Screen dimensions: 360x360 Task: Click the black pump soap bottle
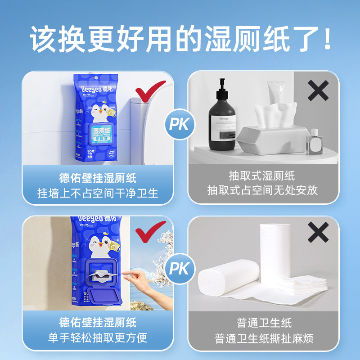coord(221,119)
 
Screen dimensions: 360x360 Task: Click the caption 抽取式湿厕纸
coord(262,176)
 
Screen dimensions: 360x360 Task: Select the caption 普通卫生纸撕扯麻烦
coord(262,338)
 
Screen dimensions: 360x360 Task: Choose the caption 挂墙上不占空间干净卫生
coord(98,193)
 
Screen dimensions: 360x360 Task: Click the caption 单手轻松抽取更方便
coord(98,338)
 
